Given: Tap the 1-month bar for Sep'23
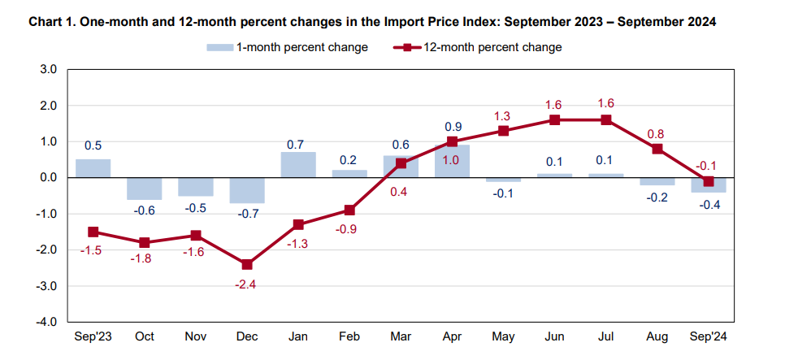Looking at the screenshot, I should pyautogui.click(x=93, y=168).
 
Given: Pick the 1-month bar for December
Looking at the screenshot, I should pyautogui.click(x=248, y=190).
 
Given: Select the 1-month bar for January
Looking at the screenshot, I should pyautogui.click(x=299, y=165).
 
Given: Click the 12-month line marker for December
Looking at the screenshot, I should pyautogui.click(x=248, y=264).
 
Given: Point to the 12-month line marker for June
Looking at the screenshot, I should pyautogui.click(x=554, y=119).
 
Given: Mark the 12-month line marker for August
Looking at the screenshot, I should pyautogui.click(x=657, y=149).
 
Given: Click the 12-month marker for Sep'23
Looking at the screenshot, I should pyautogui.click(x=93, y=232).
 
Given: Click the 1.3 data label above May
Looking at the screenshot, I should pyautogui.click(x=503, y=115).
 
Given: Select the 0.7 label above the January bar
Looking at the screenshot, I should pyautogui.click(x=298, y=145).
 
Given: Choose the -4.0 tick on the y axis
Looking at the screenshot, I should pyautogui.click(x=46, y=323).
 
